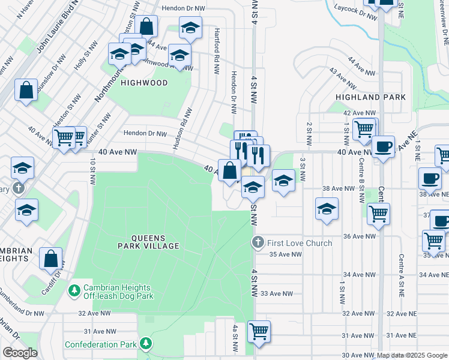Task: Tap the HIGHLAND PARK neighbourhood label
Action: (x=370, y=97)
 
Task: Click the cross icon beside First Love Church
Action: (x=258, y=242)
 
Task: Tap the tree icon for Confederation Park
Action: (x=145, y=344)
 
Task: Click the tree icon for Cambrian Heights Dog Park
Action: (x=74, y=290)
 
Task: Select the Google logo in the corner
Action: (x=20, y=353)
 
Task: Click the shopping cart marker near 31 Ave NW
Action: (x=259, y=331)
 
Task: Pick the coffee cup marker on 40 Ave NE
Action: (x=383, y=146)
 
